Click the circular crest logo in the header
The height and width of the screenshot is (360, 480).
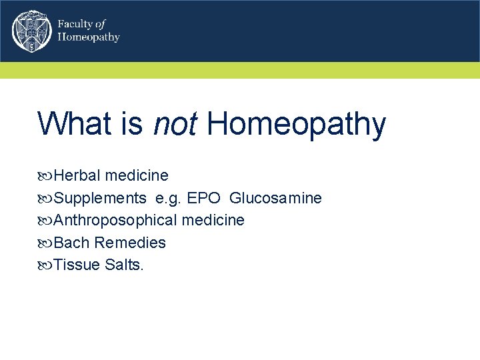[31, 31]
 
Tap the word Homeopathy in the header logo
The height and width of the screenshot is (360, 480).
[89, 37]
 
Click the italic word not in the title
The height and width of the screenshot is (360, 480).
[174, 124]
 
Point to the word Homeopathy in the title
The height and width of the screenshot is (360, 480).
[296, 124]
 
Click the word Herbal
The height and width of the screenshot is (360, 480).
[77, 175]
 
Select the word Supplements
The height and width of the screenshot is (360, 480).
[100, 198]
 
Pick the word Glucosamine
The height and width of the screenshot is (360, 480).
[275, 198]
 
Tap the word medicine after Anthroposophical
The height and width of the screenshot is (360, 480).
[213, 220]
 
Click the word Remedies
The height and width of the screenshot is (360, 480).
[130, 243]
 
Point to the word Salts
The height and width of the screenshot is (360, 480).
[124, 265]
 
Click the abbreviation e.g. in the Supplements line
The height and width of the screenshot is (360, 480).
[167, 199]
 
